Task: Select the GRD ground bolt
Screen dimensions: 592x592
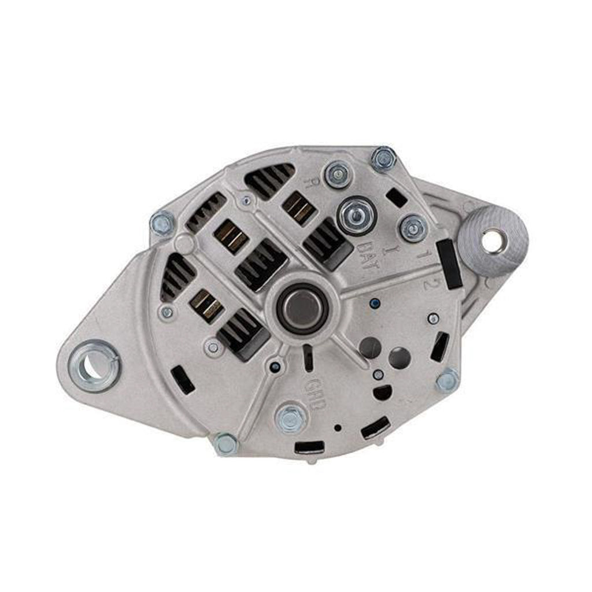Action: point(290,418)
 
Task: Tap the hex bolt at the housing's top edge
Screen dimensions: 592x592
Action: point(383,158)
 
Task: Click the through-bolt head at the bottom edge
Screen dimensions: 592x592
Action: point(225,444)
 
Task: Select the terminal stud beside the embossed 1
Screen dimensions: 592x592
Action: point(414,228)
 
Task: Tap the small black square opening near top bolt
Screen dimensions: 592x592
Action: point(396,198)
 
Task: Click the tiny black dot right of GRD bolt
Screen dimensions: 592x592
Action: point(338,428)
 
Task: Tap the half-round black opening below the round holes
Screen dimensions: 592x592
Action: point(383,393)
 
